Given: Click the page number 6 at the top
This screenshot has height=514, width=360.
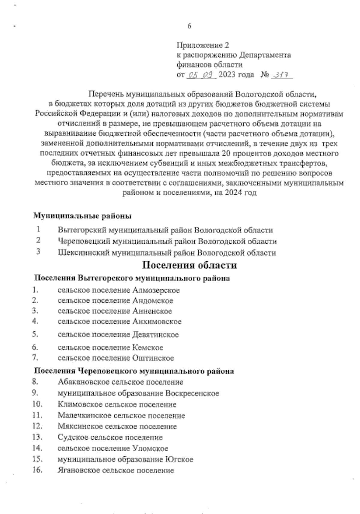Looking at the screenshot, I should pos(189,26).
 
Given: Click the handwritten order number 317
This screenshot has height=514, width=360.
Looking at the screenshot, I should pos(281,74).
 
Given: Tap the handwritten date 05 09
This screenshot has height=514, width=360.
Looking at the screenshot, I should pos(201,74).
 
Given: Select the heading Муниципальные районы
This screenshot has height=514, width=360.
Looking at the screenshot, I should pos(82,216).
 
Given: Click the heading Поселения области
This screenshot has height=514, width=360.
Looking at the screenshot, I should pos(190,265).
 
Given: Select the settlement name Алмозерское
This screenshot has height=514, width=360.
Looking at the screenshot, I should pos(156,290).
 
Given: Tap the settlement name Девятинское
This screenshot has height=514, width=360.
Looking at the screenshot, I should pos(155,334).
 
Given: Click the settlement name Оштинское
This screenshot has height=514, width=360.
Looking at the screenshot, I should pos(153,358).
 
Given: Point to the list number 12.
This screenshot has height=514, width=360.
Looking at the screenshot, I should pos(37,426).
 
